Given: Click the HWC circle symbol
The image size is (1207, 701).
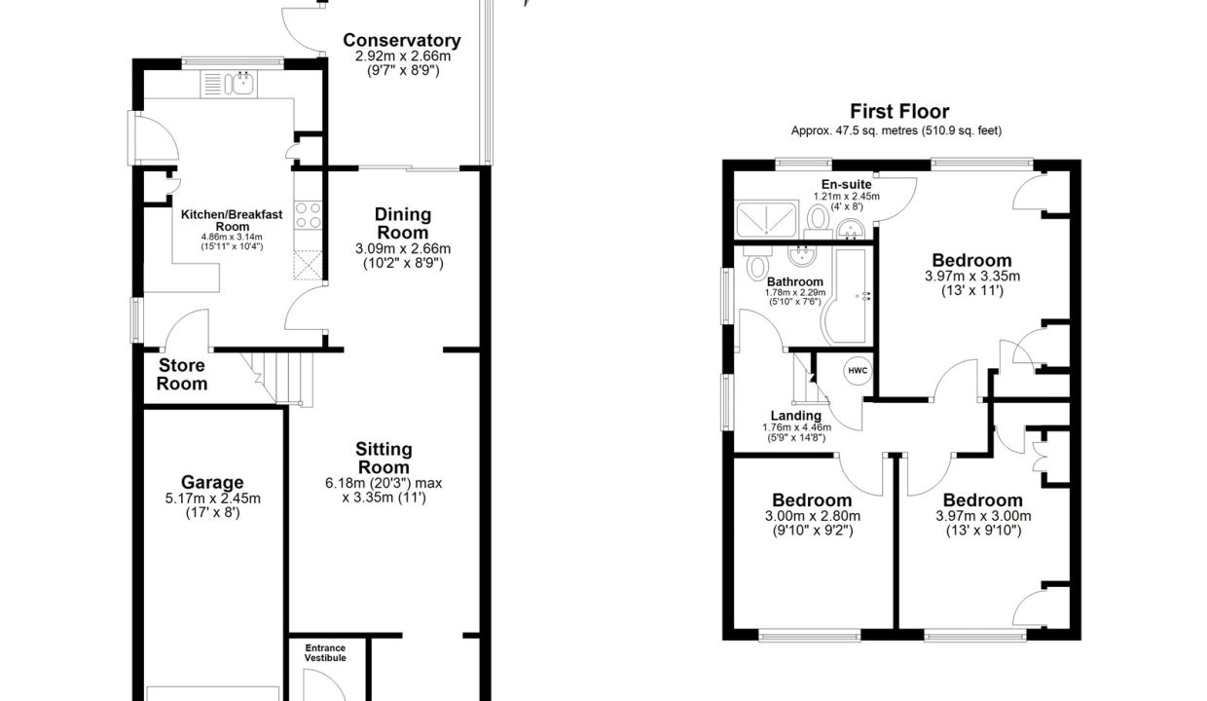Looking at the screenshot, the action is [858, 371].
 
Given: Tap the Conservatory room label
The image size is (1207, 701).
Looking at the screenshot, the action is [401, 41].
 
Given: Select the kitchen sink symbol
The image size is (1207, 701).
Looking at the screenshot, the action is [229, 84].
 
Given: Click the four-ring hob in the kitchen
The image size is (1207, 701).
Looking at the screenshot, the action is [309, 214].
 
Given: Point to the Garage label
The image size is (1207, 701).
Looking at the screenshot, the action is [212, 482].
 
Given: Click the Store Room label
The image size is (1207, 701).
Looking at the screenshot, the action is [182, 375].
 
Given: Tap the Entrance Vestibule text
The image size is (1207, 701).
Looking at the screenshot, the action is [325, 653].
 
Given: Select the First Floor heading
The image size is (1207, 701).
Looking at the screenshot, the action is [899, 112].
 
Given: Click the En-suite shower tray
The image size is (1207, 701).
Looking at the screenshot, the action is [766, 219].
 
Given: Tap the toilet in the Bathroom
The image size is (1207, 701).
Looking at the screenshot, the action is [758, 263].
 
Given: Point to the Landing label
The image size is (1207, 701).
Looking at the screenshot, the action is [796, 416].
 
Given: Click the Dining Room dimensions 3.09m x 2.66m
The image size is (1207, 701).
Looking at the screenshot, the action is [403, 249].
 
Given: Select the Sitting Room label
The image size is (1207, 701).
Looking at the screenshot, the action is [384, 458].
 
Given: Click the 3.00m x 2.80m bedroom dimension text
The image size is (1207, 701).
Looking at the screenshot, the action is [813, 516].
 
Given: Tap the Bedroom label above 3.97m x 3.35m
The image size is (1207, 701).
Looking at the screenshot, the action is [971, 260].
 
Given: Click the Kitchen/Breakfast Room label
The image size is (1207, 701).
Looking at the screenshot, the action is [232, 220].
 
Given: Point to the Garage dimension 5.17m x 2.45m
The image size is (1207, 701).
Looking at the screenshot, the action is [213, 498].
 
